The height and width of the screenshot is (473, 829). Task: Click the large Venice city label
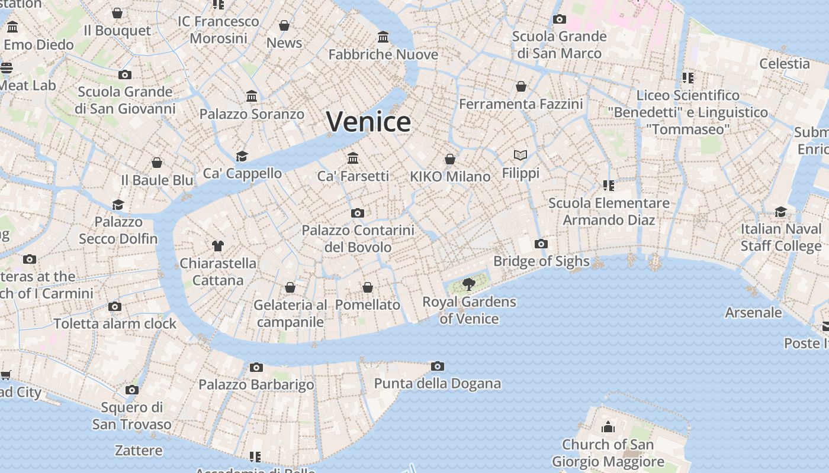coord(368,122)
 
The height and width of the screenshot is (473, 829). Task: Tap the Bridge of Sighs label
coord(541,261)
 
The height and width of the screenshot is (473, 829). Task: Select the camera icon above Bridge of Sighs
coord(541,244)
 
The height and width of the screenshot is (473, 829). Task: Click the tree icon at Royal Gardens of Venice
coord(469,284)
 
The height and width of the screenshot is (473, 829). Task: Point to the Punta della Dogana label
coord(438,383)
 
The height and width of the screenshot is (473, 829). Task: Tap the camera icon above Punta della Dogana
coord(438,366)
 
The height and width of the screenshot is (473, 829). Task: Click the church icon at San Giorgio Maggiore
coord(608,427)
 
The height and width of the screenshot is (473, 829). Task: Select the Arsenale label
coord(753,312)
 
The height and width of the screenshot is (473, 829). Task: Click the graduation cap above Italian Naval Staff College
coord(781,212)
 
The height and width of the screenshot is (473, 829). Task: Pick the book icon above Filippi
coord(520,155)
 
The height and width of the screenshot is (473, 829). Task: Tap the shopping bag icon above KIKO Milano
coord(450,159)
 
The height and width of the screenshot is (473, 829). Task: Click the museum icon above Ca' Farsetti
coord(354,158)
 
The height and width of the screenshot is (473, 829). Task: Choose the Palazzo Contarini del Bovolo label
coord(358,238)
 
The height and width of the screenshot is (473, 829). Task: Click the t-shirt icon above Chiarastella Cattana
coord(218,245)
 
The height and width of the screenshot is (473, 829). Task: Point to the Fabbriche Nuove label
coord(383,54)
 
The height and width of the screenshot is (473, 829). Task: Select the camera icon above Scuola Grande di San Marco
coord(559,19)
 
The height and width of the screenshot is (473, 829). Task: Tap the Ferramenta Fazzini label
coord(521,104)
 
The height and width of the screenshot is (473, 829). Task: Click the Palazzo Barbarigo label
coord(256,384)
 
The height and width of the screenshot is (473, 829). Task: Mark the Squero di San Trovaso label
coord(132,416)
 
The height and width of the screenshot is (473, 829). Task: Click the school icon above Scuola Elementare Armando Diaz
coord(609,186)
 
